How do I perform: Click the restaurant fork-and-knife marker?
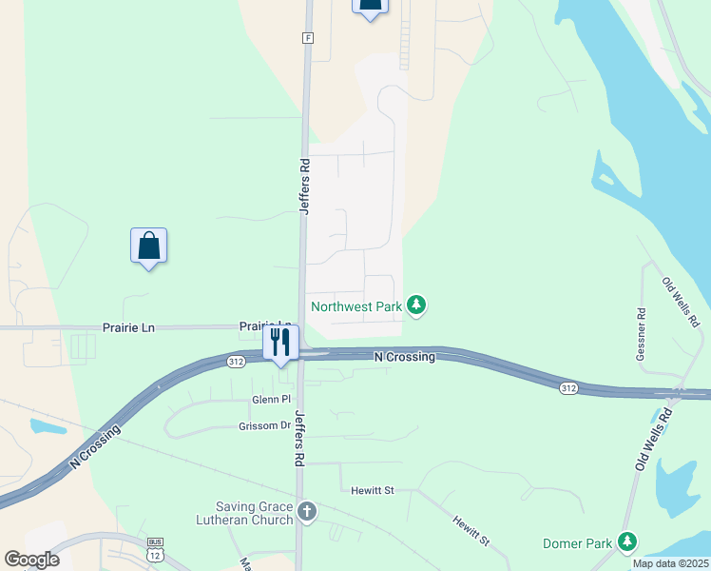click(x=281, y=341)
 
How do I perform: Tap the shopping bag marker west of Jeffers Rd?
click(x=148, y=246)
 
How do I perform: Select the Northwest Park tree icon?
click(x=416, y=305)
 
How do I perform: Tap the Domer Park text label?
click(x=577, y=544)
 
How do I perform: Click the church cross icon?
click(x=306, y=512)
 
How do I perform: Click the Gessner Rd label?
click(x=642, y=333)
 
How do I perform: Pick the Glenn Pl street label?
click(x=270, y=400)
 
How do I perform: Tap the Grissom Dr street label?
click(x=264, y=426)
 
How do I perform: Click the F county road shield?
click(x=308, y=38)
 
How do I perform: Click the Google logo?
click(x=31, y=560)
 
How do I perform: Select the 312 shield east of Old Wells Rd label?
click(x=568, y=387)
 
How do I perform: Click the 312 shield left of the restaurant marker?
click(x=237, y=361)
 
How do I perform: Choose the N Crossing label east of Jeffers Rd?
click(x=404, y=357)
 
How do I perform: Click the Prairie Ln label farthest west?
click(x=127, y=327)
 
